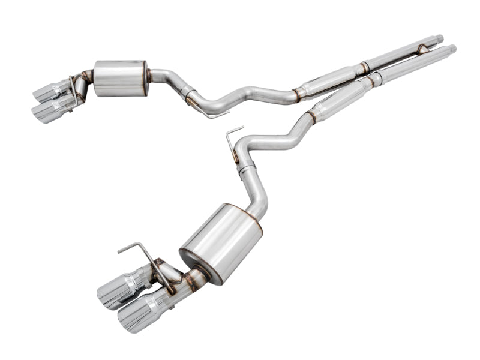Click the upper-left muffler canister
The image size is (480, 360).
point(120,77)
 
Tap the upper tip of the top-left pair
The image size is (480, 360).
point(49,91)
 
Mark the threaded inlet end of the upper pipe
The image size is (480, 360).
point(439,39)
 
